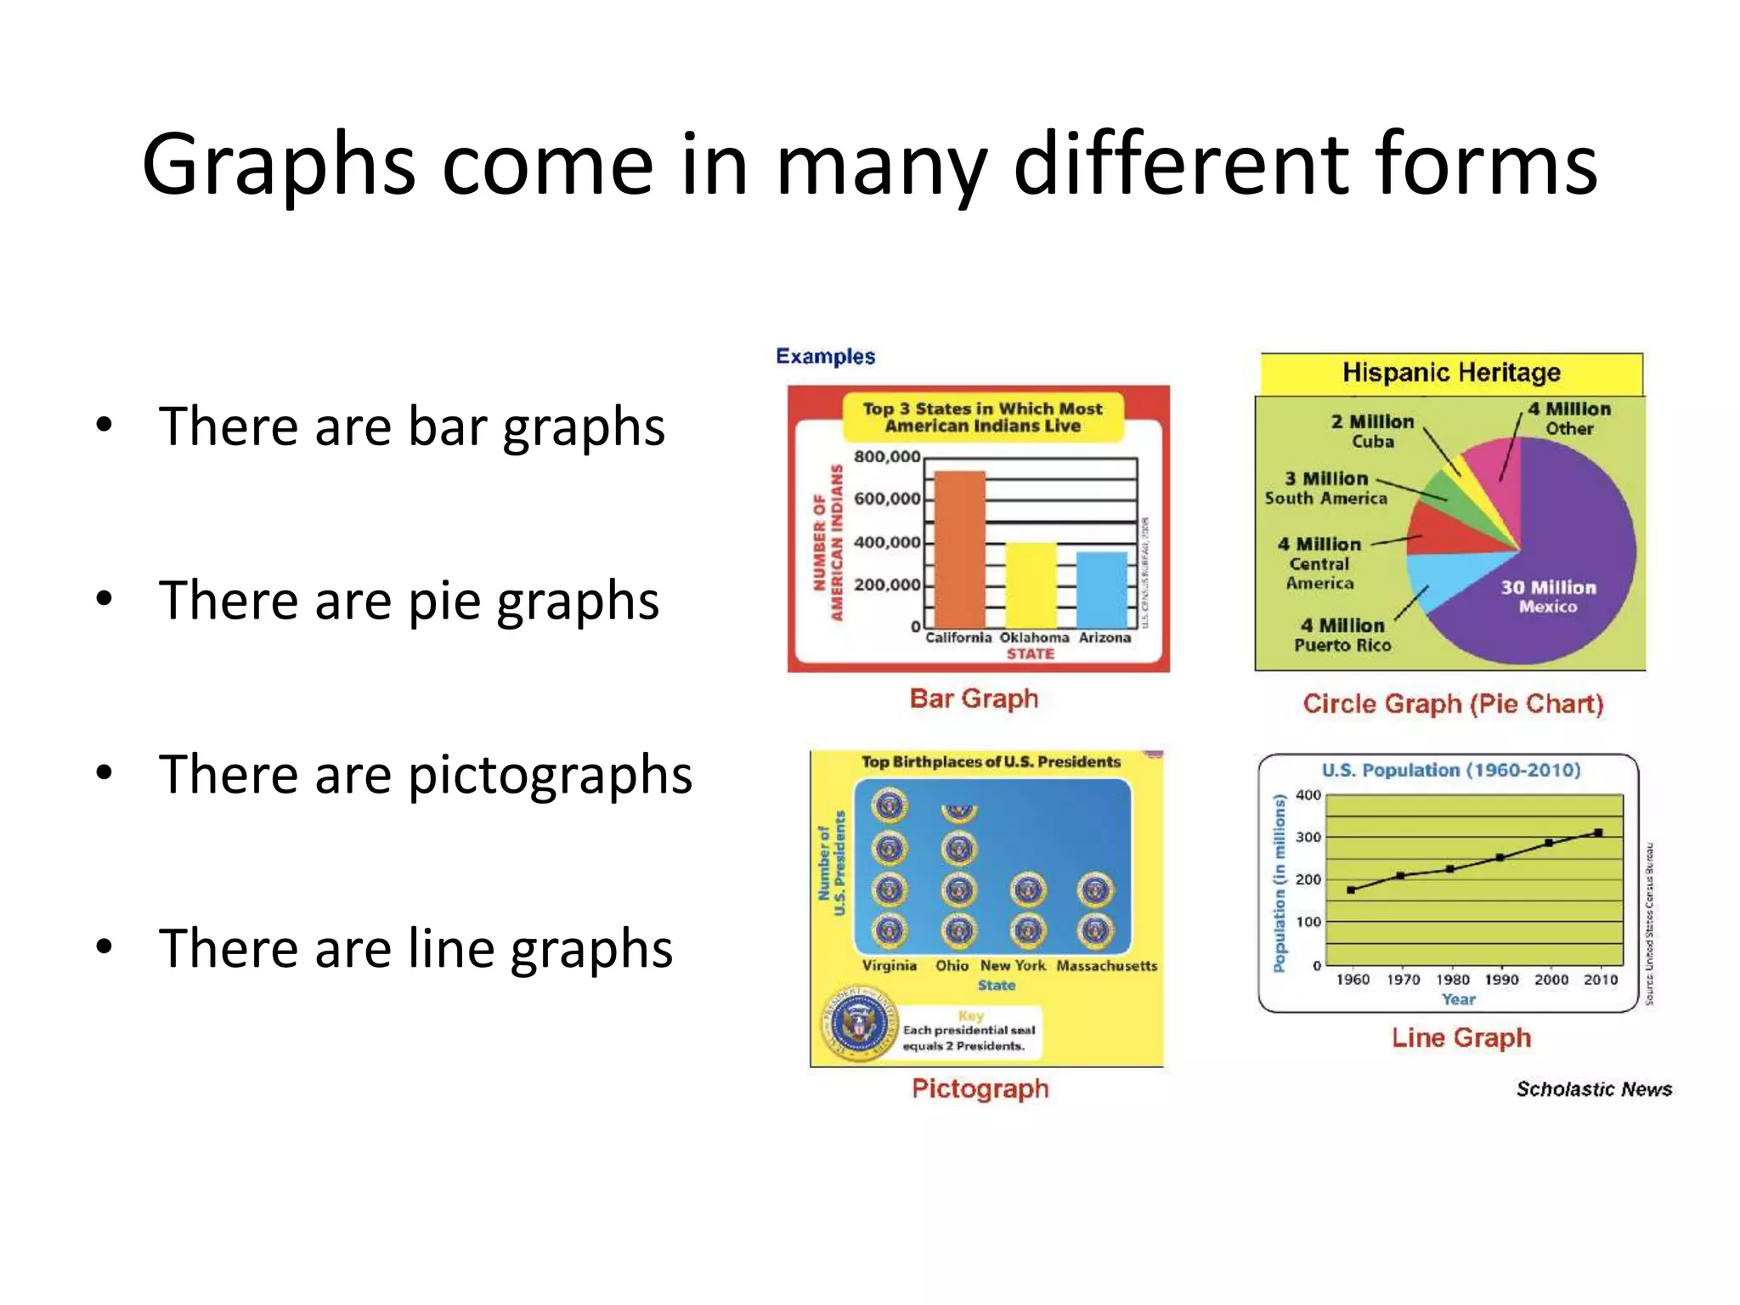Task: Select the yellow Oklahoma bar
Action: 1031,586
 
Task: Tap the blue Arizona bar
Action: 1102,590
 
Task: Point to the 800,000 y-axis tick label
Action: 886,457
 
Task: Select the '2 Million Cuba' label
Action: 1372,431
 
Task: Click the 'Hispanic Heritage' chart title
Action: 1451,372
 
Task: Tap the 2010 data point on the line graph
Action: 1598,833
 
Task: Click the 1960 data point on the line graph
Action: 1351,890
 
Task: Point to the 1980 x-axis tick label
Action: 1452,980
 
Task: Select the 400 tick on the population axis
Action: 1308,795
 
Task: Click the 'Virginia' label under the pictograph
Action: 889,966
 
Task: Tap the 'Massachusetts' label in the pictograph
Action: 1106,966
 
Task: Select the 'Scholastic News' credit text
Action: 1594,1089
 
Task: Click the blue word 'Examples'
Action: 825,356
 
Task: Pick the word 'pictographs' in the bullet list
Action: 550,775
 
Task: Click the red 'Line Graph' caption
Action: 1460,1037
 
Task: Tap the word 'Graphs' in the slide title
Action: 278,164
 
